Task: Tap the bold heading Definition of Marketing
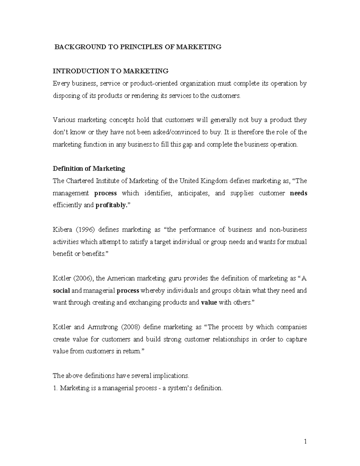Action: (89, 169)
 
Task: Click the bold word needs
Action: (298, 193)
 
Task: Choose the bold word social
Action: (61, 291)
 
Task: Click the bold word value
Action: (209, 303)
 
